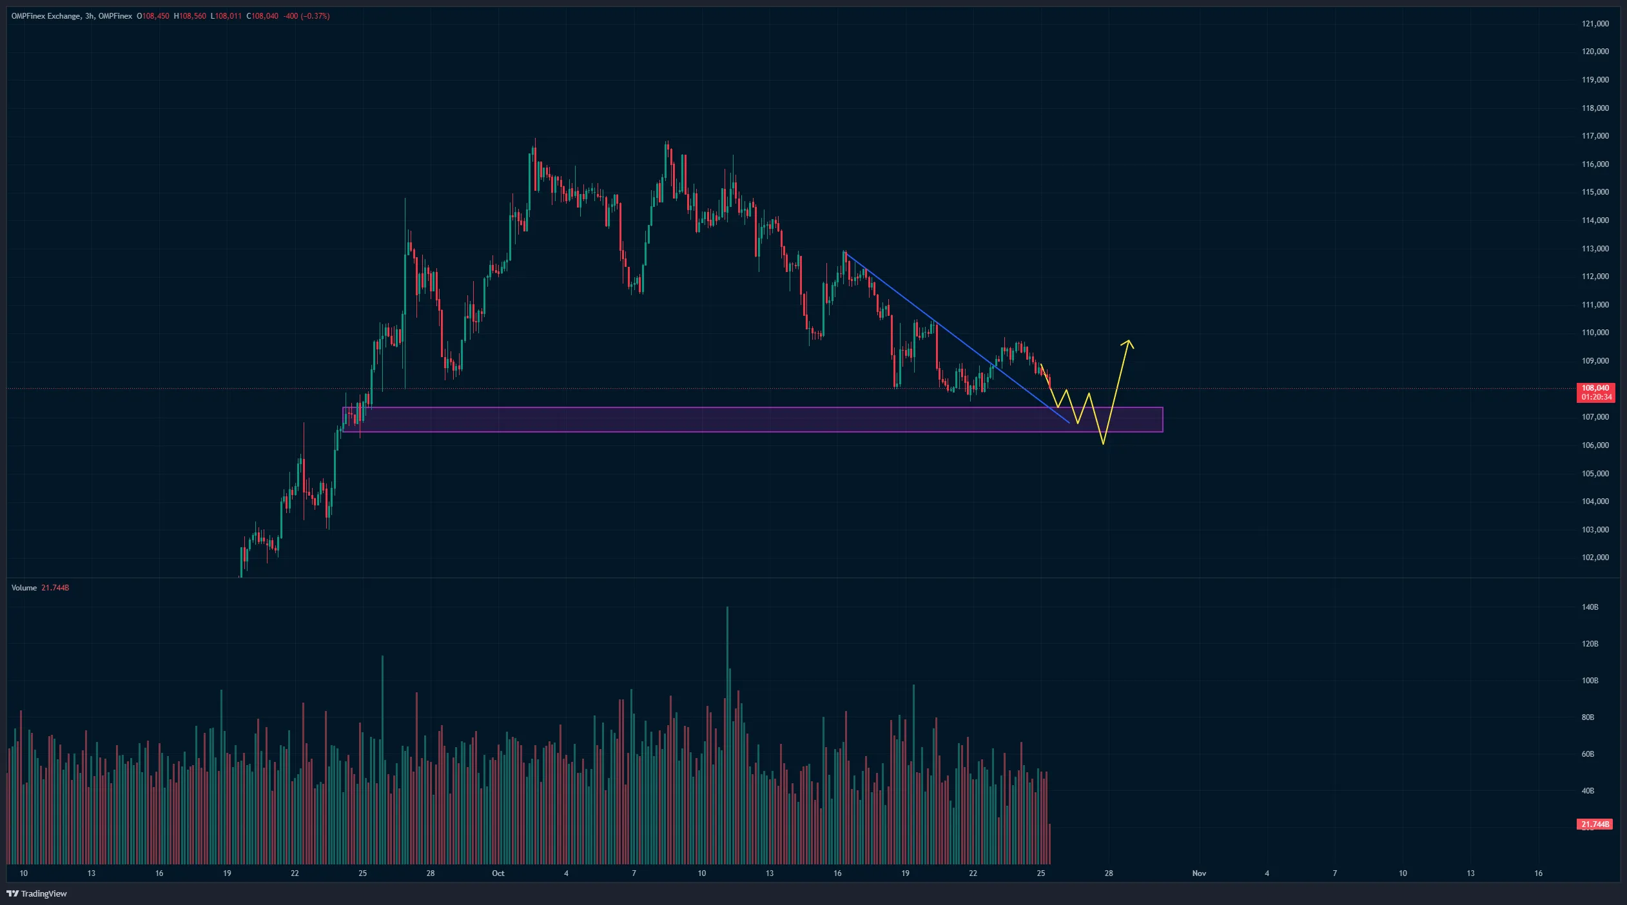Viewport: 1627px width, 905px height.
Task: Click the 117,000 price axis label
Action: pos(1595,136)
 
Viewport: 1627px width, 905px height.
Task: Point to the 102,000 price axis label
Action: pos(1595,558)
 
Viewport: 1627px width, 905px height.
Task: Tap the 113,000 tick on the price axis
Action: pos(1595,249)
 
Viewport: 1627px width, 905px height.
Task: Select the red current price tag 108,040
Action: pos(1595,388)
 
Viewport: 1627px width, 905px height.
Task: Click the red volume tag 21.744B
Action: pos(1594,824)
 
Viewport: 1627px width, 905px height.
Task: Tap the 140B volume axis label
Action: pos(1590,607)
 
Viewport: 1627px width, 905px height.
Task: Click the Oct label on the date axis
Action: pos(498,873)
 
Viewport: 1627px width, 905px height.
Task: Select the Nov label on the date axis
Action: pos(1199,873)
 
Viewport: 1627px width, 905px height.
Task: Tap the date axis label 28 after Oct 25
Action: pos(1109,873)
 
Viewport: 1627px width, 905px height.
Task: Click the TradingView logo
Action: pos(37,893)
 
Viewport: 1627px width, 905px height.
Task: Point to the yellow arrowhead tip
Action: pos(1129,340)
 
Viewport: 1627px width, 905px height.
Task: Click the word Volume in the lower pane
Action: pos(24,588)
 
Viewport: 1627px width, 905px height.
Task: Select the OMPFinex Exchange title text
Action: pos(45,16)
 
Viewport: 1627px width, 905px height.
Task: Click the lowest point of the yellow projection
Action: pos(1104,443)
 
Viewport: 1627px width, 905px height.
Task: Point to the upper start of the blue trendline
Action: pos(845,253)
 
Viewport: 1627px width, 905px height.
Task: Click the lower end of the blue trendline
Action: pos(1069,423)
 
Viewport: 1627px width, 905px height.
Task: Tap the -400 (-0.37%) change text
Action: pos(307,16)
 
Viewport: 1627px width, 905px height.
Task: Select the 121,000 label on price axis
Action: pos(1595,24)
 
